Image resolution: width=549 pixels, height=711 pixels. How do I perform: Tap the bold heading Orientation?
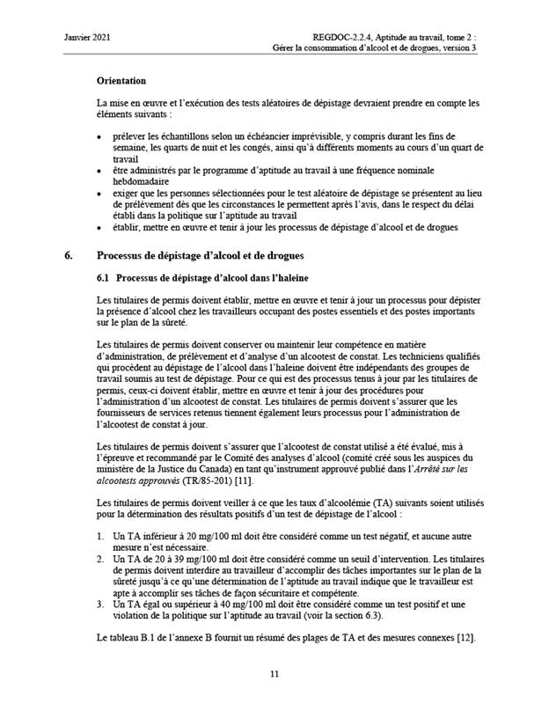[x=121, y=80]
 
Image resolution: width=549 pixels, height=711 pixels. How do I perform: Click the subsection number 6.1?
[x=104, y=279]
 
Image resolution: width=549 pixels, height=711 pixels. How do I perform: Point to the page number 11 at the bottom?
[x=274, y=674]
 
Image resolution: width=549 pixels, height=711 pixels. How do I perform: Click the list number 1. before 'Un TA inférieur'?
[x=101, y=536]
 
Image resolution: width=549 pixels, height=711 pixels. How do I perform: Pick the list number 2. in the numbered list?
[x=101, y=559]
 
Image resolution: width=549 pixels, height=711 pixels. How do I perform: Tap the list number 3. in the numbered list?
[x=101, y=606]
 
